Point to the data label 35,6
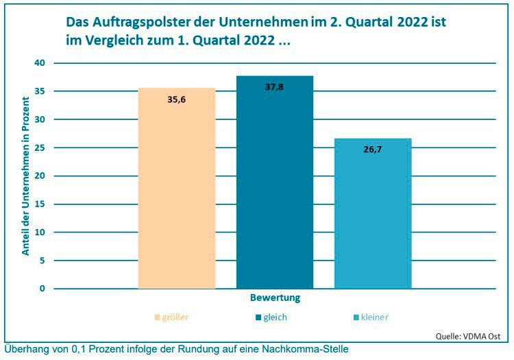pyautogui.click(x=177, y=99)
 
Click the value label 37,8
pyautogui.click(x=274, y=87)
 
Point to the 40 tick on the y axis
pyautogui.click(x=40, y=63)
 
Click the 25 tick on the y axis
pyautogui.click(x=40, y=147)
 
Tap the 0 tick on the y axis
pyautogui.click(x=42, y=289)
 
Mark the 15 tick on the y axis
pyautogui.click(x=40, y=204)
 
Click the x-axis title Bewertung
pyautogui.click(x=275, y=299)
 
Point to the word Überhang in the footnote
pyautogui.click(x=25, y=349)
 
